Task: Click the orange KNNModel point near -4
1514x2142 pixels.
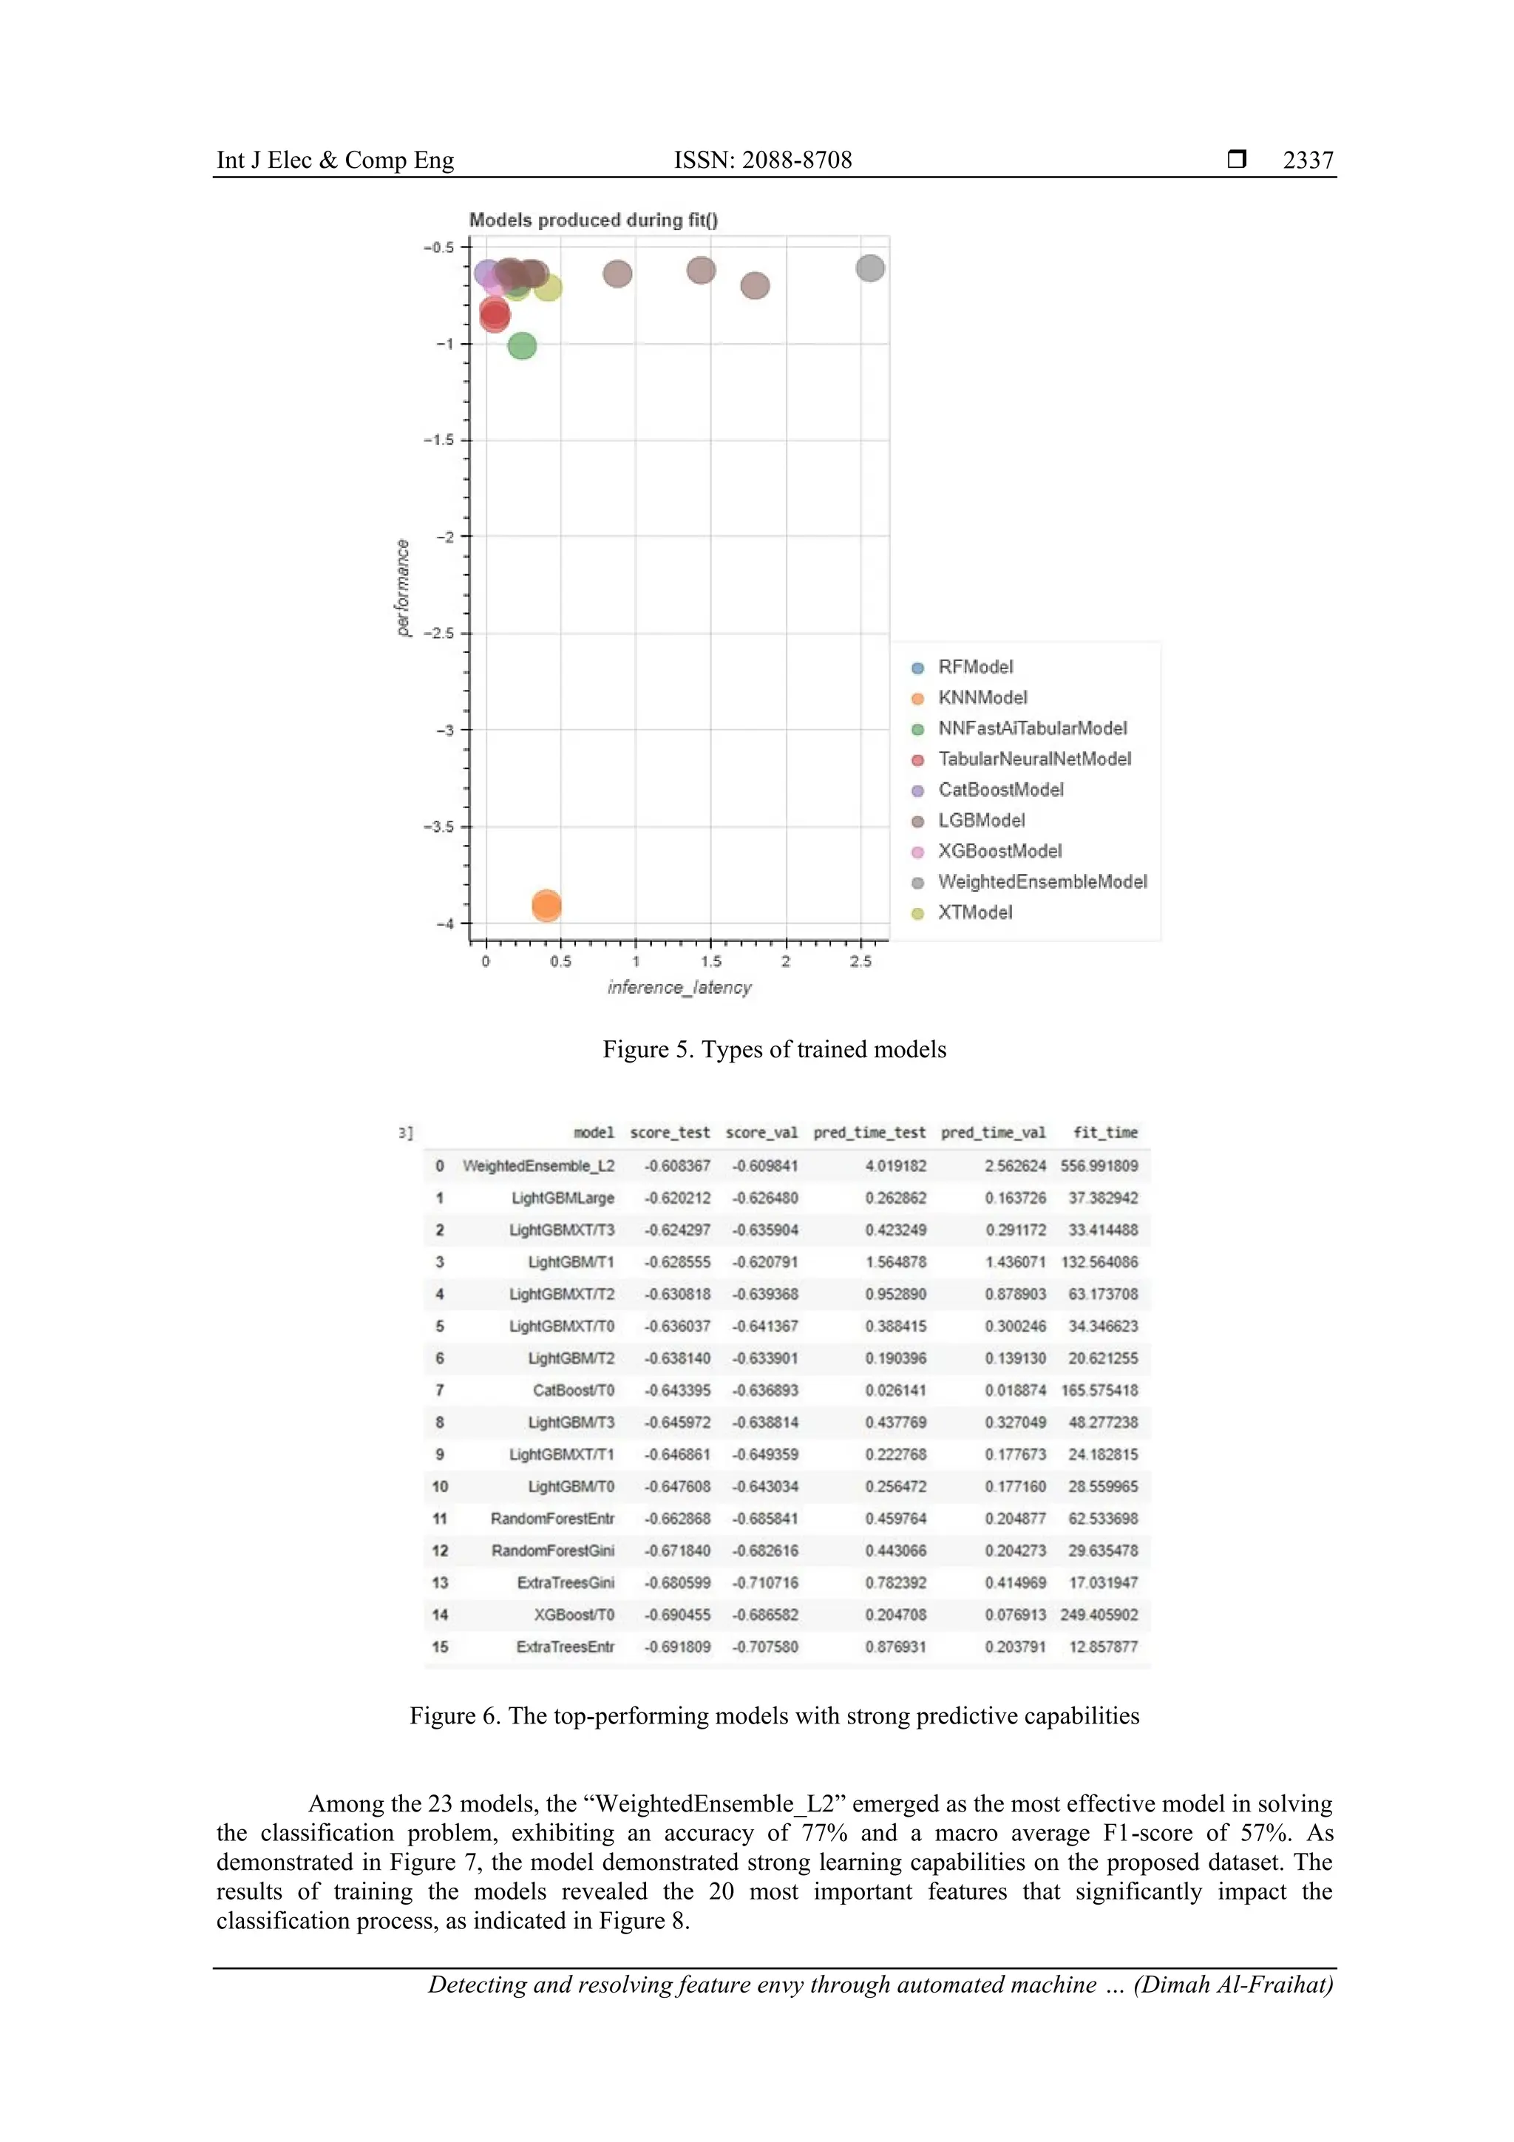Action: tap(546, 905)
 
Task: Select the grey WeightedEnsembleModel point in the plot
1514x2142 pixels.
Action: tap(869, 268)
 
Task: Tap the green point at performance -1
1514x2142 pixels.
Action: tap(523, 346)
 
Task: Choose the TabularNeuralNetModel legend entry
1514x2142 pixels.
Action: tap(1033, 759)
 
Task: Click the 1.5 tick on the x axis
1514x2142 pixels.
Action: tap(711, 961)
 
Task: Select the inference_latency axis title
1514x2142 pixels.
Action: tap(679, 987)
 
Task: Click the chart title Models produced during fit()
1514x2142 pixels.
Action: tap(594, 220)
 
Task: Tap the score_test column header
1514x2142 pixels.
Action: tap(670, 1133)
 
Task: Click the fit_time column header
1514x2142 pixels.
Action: tap(1104, 1133)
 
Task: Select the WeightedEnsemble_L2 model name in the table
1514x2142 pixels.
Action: tap(538, 1166)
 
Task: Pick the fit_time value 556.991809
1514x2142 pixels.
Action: tap(1099, 1166)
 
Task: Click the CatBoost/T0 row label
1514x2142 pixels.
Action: tap(573, 1390)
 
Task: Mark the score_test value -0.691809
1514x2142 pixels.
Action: tap(677, 1647)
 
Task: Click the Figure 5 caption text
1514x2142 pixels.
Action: tap(773, 1049)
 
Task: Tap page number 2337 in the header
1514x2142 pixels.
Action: tap(1307, 160)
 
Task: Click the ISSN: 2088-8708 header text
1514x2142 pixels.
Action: tap(762, 160)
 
